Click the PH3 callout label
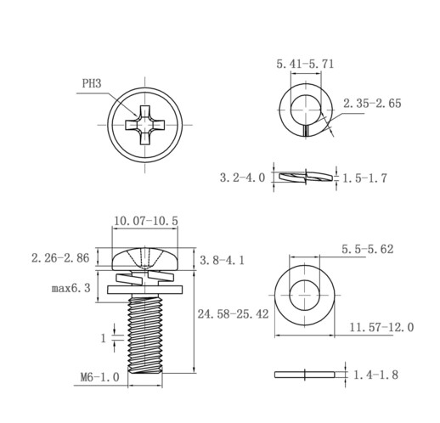pyautogui.click(x=92, y=83)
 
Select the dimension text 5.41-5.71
pyautogui.click(x=305, y=64)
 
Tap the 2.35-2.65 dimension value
pyautogui.click(x=372, y=104)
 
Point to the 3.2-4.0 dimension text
pyautogui.click(x=242, y=178)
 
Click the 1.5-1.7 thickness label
pyautogui.click(x=364, y=178)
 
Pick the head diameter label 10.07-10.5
pyautogui.click(x=146, y=221)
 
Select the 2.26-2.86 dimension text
pyautogui.click(x=60, y=258)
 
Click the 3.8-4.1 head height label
pyautogui.click(x=222, y=260)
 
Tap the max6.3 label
pyautogui.click(x=71, y=288)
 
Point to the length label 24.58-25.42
pyautogui.click(x=233, y=314)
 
